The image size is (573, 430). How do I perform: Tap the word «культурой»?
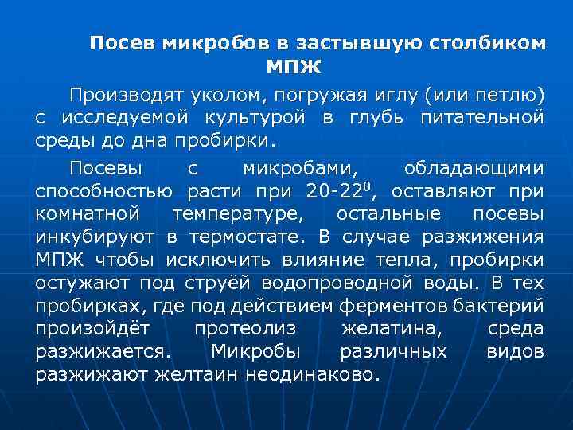(x=256, y=119)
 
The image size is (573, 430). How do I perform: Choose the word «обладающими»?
(x=474, y=169)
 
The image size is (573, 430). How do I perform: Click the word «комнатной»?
(x=88, y=214)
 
